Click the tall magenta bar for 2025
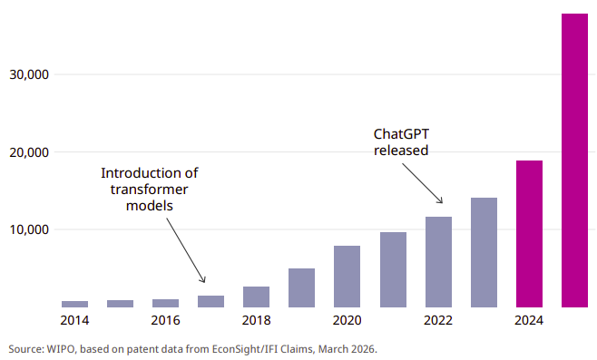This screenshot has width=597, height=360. click(x=574, y=161)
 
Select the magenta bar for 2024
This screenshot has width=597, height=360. click(x=529, y=234)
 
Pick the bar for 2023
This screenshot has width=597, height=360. click(x=484, y=252)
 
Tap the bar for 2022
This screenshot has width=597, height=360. click(x=438, y=262)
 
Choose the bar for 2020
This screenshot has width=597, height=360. click(x=347, y=277)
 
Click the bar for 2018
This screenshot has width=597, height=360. click(x=256, y=297)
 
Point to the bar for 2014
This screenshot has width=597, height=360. click(x=74, y=304)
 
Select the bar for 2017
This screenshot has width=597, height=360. click(x=210, y=301)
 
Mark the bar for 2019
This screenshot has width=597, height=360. click(x=301, y=287)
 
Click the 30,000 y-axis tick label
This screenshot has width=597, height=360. click(x=29, y=74)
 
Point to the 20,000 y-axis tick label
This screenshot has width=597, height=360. click(x=29, y=152)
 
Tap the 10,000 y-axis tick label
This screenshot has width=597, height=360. click(x=29, y=229)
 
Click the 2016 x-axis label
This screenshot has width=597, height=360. click(x=165, y=320)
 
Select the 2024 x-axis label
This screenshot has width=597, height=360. click(x=529, y=320)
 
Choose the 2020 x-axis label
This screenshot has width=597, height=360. click(x=347, y=320)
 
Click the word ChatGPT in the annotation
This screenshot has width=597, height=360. click(x=401, y=134)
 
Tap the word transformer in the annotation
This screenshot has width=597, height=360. click(x=149, y=190)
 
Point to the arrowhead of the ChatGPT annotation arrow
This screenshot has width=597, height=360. click(x=441, y=201)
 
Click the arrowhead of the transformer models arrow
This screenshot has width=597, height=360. click(x=204, y=280)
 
